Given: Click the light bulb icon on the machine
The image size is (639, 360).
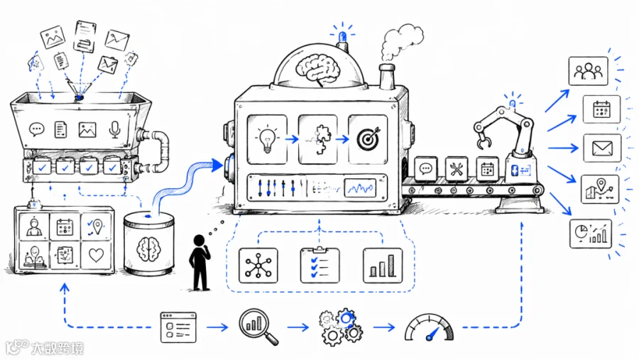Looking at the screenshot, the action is point(267,139).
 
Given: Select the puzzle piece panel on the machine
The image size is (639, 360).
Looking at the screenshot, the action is point(318,139).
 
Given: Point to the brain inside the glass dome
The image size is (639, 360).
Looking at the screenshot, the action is point(318,70).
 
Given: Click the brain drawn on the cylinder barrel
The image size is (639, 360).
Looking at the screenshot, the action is point(149,249).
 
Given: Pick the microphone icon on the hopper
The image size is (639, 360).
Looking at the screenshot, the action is point(115,130).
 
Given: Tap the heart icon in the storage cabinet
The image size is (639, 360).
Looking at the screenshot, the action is point(96,255).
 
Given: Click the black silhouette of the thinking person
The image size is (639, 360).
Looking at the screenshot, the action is point(200,263).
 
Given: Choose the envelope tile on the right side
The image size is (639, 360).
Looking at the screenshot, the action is point(602,148).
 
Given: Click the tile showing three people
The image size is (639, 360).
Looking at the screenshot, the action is point(588,71).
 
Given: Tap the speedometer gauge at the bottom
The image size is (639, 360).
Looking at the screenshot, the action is point(429,327).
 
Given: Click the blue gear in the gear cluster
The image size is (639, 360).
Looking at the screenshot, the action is point(346,317).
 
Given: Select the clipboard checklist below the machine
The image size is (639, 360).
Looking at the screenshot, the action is point(320,265).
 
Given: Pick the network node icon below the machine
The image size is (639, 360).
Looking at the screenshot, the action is point(258,266).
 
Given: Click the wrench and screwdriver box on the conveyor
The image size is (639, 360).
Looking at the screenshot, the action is point(457,168).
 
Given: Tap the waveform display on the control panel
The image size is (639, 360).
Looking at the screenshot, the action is point(360,188).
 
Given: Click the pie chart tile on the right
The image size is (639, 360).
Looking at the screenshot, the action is point(591,234).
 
